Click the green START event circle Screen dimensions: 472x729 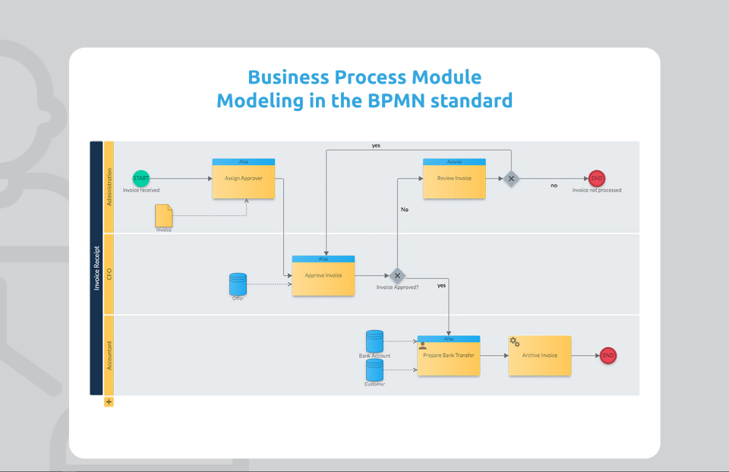pyautogui.click(x=141, y=178)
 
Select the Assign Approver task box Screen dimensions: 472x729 pyautogui.click(x=243, y=179)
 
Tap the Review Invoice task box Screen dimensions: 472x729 pyautogui.click(x=454, y=179)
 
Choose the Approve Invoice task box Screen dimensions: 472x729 pyautogui.click(x=323, y=277)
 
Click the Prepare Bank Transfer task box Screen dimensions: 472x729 pyautogui.click(x=449, y=356)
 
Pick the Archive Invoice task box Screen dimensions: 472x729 pyautogui.click(x=540, y=356)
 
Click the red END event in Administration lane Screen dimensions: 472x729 pyautogui.click(x=597, y=178)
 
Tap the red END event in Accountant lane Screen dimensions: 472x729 pyautogui.click(x=607, y=355)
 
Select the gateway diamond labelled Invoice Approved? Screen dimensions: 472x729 pyautogui.click(x=397, y=276)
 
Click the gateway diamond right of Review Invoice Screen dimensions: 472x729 pyautogui.click(x=511, y=179)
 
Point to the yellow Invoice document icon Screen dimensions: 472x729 pyautogui.click(x=164, y=216)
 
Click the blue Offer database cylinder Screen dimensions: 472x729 pyautogui.click(x=238, y=284)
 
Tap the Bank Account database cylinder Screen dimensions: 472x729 pyautogui.click(x=374, y=341)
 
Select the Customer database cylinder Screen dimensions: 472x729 pyautogui.click(x=374, y=370)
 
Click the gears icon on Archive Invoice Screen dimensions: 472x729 pyautogui.click(x=514, y=342)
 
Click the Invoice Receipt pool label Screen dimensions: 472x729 pyautogui.click(x=96, y=268)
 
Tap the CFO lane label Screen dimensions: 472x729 pyautogui.click(x=109, y=274)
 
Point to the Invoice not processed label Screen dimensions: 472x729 pyautogui.click(x=597, y=190)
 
